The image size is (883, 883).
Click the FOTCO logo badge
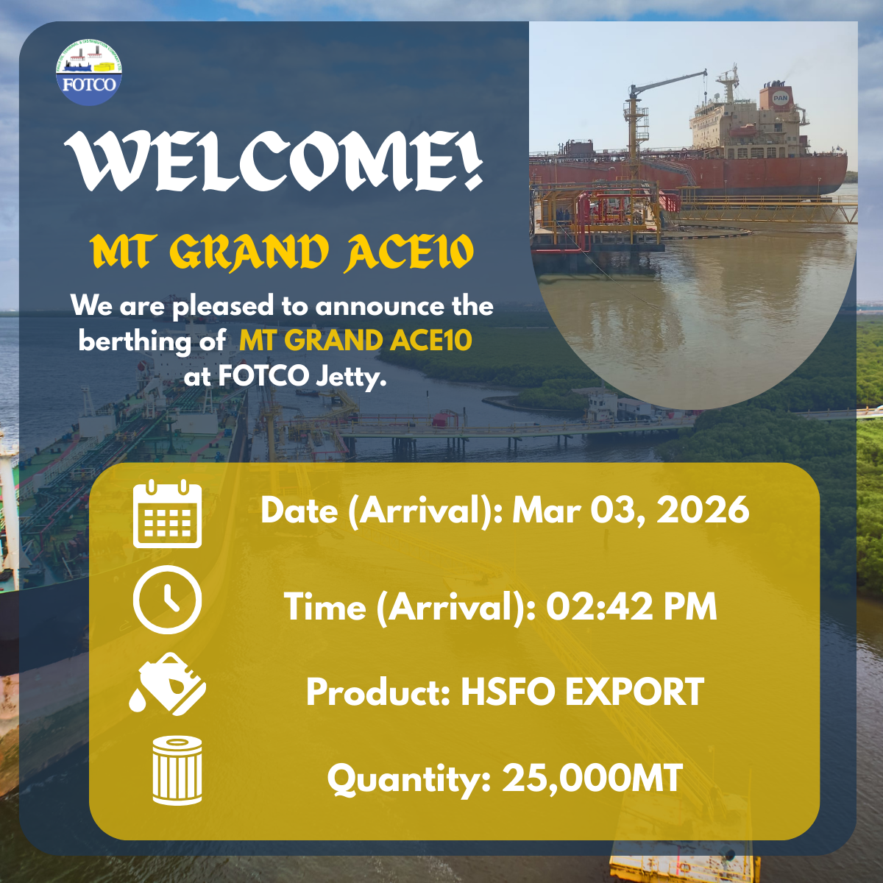tap(89, 72)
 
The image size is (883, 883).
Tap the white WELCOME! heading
tap(274, 161)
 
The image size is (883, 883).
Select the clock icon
tap(167, 600)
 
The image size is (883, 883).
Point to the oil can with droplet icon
tap(168, 684)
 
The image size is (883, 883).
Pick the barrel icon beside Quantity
tap(177, 770)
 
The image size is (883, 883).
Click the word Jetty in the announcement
tap(351, 377)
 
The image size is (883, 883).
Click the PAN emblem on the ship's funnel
tap(781, 98)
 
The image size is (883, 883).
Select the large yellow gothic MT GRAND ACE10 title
tap(281, 252)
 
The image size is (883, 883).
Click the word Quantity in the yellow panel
tap(409, 779)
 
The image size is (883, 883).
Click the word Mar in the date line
tap(546, 509)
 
